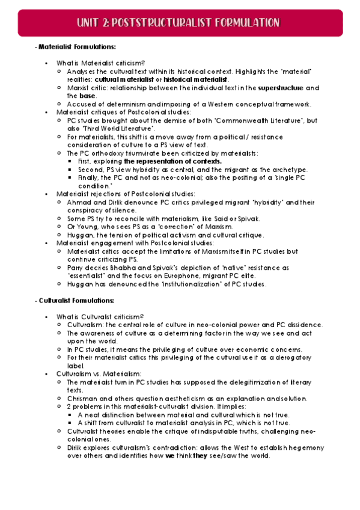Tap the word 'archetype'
pyautogui.click(x=290, y=170)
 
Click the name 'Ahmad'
pyautogui.click(x=77, y=202)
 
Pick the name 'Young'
pyautogui.click(x=85, y=226)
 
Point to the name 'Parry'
pyautogui.click(x=75, y=266)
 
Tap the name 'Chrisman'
pyautogui.click(x=81, y=398)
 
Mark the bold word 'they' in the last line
pyautogui.click(x=200, y=455)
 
